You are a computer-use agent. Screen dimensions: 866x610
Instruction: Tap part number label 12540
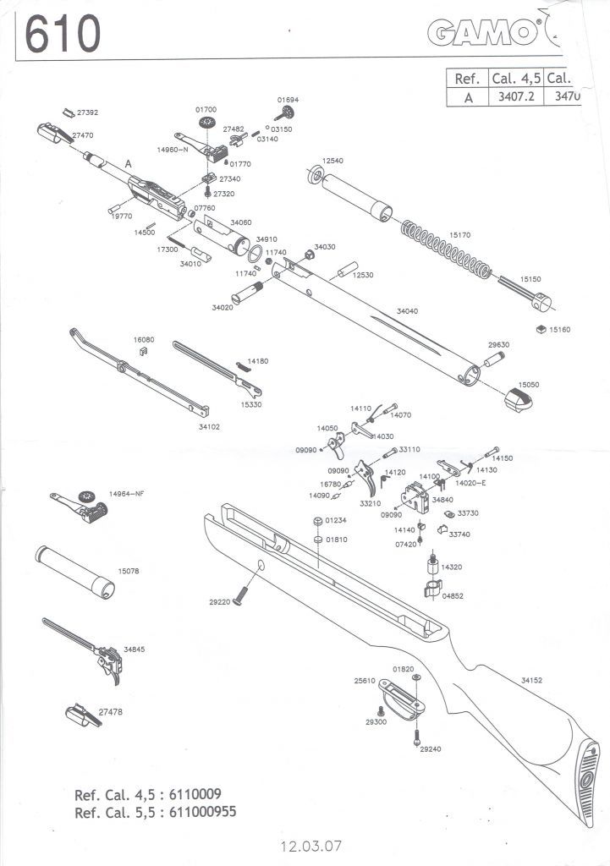[332, 160]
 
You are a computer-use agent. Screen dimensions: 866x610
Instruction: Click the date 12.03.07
[311, 845]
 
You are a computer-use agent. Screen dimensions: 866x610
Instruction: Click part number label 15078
[129, 572]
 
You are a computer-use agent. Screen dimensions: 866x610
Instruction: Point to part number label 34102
[209, 427]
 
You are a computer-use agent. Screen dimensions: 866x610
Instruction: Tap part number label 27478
[110, 712]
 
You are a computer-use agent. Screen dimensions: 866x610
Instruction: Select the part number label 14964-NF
[128, 493]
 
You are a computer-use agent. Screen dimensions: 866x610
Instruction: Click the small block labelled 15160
[539, 329]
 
